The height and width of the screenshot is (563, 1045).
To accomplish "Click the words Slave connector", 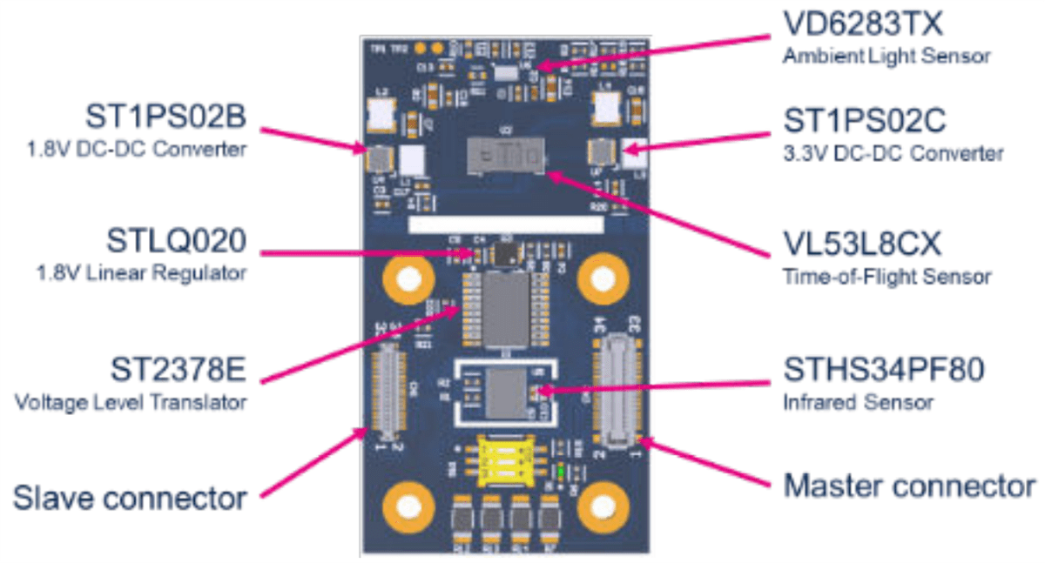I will point(130,498).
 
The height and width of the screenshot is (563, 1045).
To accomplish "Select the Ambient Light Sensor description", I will point(886,57).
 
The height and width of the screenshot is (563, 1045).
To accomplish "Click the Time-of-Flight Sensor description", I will point(887,277).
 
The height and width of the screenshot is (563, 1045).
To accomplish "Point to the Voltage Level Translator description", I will point(130,403).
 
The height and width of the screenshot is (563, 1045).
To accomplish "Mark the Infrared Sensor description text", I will point(857,402).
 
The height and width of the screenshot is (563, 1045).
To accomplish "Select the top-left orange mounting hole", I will point(406,279).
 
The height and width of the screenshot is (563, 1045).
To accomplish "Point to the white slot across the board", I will point(505,225).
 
